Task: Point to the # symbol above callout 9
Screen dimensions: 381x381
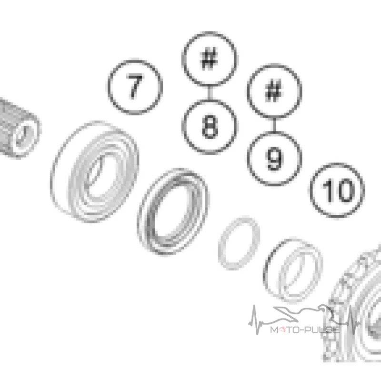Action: click(x=274, y=91)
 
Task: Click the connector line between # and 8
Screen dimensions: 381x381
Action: click(x=210, y=92)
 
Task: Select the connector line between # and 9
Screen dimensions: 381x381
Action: click(x=275, y=125)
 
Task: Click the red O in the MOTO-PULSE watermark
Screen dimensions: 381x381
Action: click(x=282, y=330)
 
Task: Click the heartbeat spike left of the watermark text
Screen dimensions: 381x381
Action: click(x=255, y=320)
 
